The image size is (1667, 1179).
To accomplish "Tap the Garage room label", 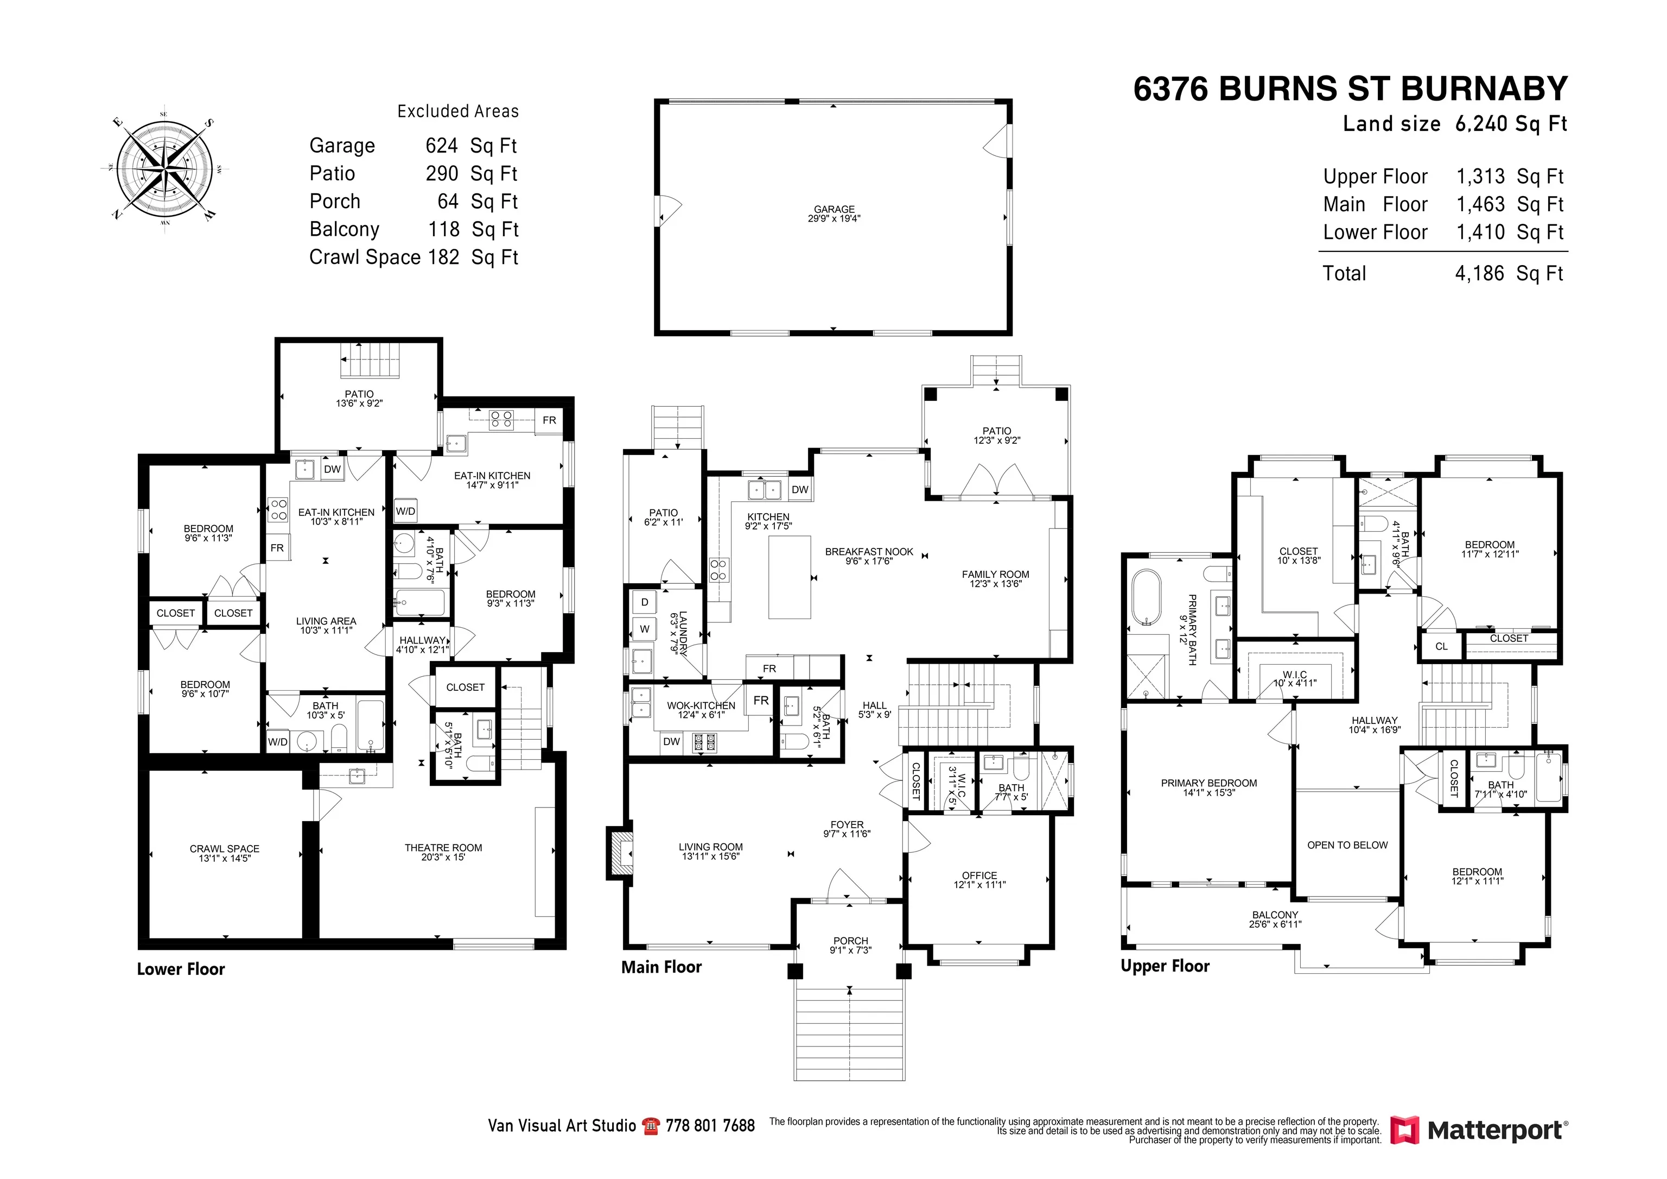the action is (833, 209).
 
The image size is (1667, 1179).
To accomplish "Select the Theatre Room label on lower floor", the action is (443, 848).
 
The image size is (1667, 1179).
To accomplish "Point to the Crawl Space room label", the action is (224, 848).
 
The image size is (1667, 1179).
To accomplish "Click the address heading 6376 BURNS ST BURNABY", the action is (1351, 89).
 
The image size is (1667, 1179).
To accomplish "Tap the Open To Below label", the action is (1347, 845).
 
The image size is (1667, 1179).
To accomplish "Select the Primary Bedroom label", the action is (1209, 783).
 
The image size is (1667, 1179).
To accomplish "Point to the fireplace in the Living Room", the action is (619, 854).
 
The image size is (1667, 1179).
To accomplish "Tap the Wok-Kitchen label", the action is (701, 705).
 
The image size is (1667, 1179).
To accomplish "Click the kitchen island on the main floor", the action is (789, 577).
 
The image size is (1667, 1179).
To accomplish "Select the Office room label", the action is (979, 875).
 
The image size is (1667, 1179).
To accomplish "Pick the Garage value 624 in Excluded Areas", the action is (441, 146).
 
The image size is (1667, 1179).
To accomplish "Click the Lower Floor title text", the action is (181, 969).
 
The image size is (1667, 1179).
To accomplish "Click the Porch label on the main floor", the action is (850, 941).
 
